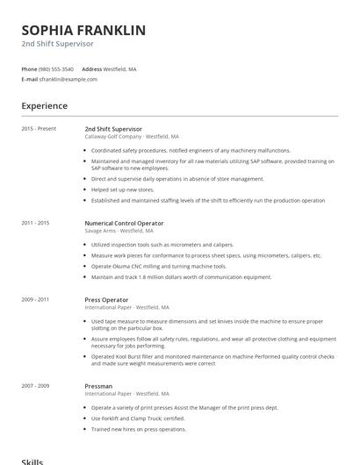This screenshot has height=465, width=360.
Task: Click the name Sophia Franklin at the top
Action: [83, 30]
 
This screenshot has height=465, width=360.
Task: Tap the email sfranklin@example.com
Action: [68, 79]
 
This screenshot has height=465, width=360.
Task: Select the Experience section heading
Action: [44, 106]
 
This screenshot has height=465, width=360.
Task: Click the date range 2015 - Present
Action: [39, 129]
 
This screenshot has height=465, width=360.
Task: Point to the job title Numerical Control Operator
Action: [124, 223]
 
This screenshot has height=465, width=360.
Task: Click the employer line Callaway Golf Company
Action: [132, 137]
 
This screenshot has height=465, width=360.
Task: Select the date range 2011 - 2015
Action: [35, 223]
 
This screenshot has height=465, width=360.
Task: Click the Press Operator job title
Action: [106, 299]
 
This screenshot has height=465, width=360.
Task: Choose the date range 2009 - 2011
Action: [35, 299]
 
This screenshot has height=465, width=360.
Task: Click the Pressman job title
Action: [98, 385]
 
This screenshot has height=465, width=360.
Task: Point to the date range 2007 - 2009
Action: [35, 385]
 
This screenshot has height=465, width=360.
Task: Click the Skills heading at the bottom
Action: [32, 461]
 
